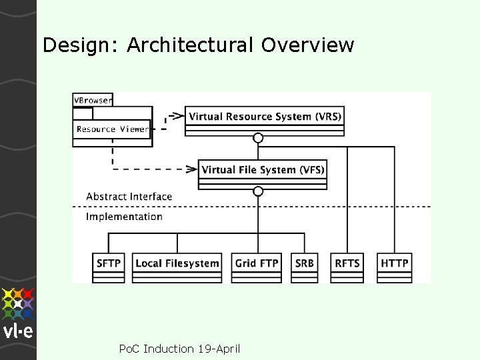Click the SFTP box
tap(109, 263)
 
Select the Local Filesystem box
tap(177, 263)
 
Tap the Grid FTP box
tap(257, 263)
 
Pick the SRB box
tap(304, 263)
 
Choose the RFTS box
tap(347, 263)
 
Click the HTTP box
tap(395, 263)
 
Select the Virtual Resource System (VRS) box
tap(265, 117)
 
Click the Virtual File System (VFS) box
tap(263, 170)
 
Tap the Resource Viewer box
tap(112, 129)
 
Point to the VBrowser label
tap(93, 100)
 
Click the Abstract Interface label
tap(129, 197)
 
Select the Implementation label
tap(124, 217)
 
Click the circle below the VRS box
tap(258, 138)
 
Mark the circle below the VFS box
tap(258, 191)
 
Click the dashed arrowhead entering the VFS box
tap(192, 169)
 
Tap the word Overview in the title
tap(307, 45)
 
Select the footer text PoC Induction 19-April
tap(179, 349)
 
